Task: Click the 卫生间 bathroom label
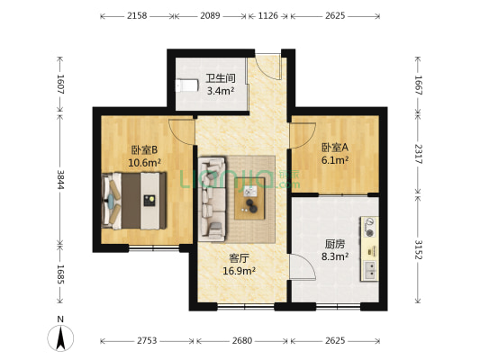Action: tap(221, 78)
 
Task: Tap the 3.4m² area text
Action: tap(221, 91)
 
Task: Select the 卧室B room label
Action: tap(144, 150)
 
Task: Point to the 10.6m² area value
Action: tap(144, 163)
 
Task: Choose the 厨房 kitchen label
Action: tap(334, 243)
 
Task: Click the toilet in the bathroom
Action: tap(185, 85)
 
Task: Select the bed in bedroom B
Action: tap(135, 201)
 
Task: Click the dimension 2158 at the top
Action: tap(137, 16)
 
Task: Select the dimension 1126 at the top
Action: tap(267, 16)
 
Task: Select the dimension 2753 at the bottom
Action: tap(146, 342)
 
